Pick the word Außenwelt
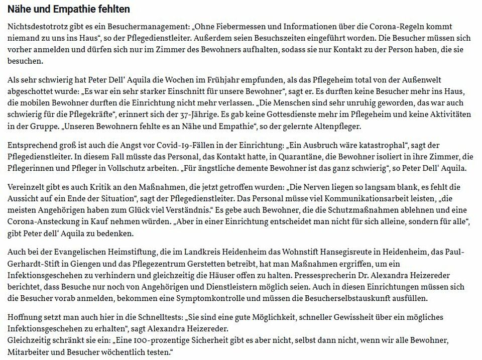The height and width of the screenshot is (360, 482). (x=420, y=80)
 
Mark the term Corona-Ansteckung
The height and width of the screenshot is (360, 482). (x=44, y=222)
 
